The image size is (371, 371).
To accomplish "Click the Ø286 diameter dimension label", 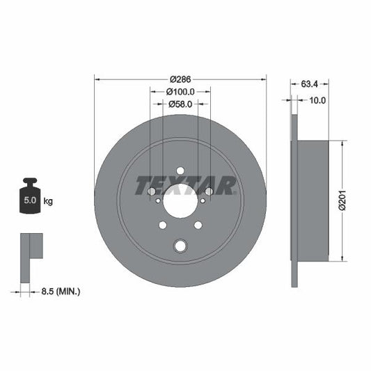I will [x=180, y=79].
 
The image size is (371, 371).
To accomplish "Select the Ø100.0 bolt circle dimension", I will [x=180, y=91].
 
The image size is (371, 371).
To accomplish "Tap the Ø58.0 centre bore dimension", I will [x=180, y=104].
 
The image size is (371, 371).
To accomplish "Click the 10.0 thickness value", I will [x=317, y=100].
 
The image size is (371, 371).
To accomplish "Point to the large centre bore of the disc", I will [x=180, y=201].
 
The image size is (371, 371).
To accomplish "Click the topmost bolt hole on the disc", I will [x=180, y=171].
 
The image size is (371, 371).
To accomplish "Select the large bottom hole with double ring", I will [x=181, y=245].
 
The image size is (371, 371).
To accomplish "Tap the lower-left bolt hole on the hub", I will [x=163, y=226].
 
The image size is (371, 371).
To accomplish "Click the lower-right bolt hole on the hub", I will [x=198, y=225].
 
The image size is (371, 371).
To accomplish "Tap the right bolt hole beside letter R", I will [x=209, y=191].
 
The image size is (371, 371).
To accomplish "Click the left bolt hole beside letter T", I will [x=151, y=191].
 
